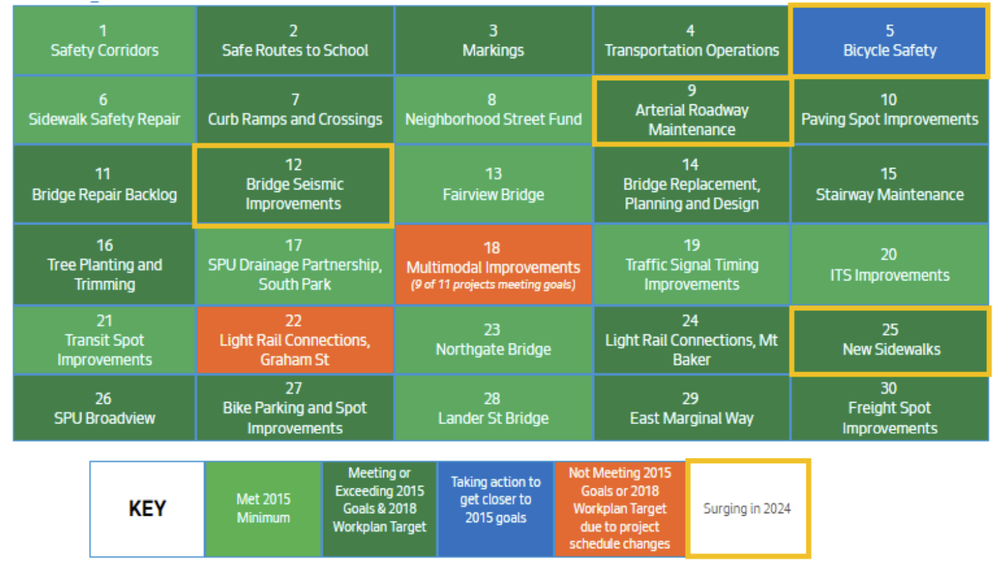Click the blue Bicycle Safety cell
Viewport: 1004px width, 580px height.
[889, 41]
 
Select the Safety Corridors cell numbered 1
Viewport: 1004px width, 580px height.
[104, 41]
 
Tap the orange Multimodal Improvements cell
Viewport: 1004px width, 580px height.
[493, 265]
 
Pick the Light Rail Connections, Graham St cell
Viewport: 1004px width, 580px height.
[295, 340]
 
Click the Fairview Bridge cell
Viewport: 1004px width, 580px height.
[493, 184]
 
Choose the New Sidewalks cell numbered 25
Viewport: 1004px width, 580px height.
[890, 340]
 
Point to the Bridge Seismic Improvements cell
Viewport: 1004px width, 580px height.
[294, 184]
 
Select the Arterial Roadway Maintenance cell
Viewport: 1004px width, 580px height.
[692, 111]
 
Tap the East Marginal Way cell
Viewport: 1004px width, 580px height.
[691, 408]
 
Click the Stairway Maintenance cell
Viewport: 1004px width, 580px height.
[890, 184]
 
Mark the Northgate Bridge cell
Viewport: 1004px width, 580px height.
[493, 340]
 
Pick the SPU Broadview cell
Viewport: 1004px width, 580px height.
[104, 408]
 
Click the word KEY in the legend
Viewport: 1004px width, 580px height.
[147, 509]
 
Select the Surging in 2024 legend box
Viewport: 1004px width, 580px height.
[747, 509]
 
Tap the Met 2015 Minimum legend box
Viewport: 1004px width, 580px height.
[263, 509]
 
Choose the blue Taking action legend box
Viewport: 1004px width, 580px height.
[496, 509]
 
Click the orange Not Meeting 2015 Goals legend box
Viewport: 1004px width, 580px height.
[620, 509]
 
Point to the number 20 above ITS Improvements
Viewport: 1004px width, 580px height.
[889, 254]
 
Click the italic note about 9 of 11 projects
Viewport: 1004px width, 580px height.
[493, 285]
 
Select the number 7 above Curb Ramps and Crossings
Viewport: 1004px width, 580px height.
[295, 100]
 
